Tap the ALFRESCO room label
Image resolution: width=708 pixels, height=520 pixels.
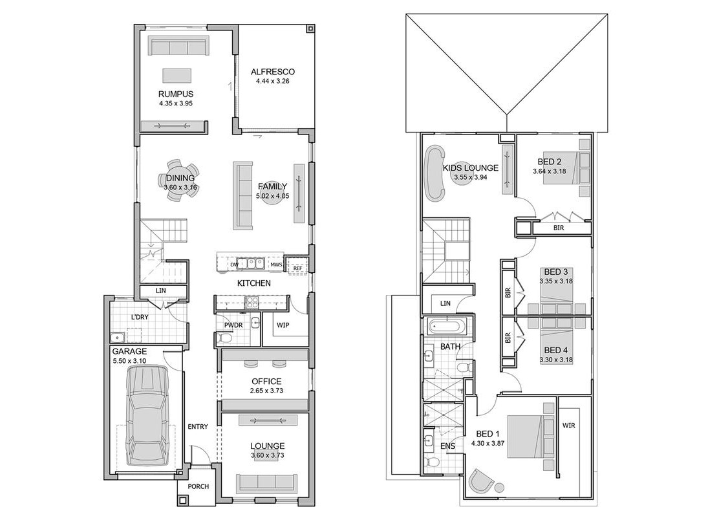(x=273, y=71)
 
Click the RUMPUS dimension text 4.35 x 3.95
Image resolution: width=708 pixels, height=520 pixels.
(x=176, y=103)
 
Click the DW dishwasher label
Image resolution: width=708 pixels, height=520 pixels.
(x=234, y=265)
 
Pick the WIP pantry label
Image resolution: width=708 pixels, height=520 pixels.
(x=283, y=325)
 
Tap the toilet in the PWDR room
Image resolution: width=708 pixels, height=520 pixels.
(x=224, y=338)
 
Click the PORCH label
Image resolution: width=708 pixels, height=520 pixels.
(x=198, y=486)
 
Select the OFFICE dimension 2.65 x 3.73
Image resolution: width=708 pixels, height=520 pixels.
(x=266, y=391)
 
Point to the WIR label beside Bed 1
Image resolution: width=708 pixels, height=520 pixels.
(x=569, y=426)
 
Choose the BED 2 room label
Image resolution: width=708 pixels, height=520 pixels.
(x=550, y=162)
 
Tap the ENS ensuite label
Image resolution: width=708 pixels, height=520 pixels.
(x=447, y=446)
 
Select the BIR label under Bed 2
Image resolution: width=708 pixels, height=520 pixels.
(x=559, y=228)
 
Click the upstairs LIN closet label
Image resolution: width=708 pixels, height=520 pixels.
(x=445, y=303)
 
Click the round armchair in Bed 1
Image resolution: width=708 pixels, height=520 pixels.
(x=481, y=481)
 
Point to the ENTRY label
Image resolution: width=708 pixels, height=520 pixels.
(x=198, y=426)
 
